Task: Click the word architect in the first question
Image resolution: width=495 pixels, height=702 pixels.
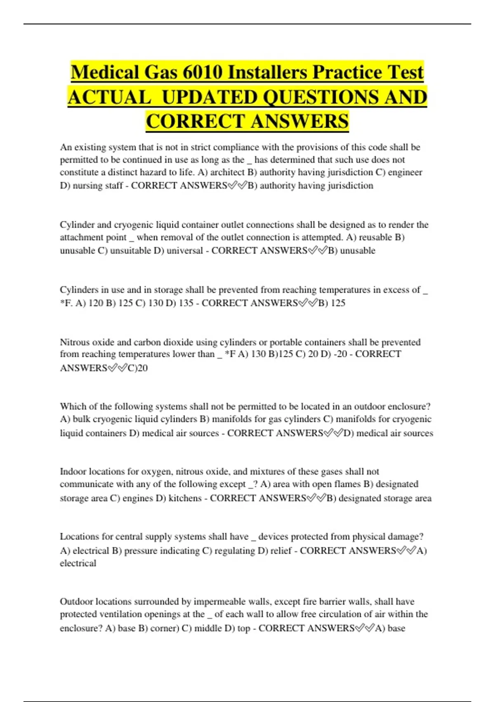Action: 227,172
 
